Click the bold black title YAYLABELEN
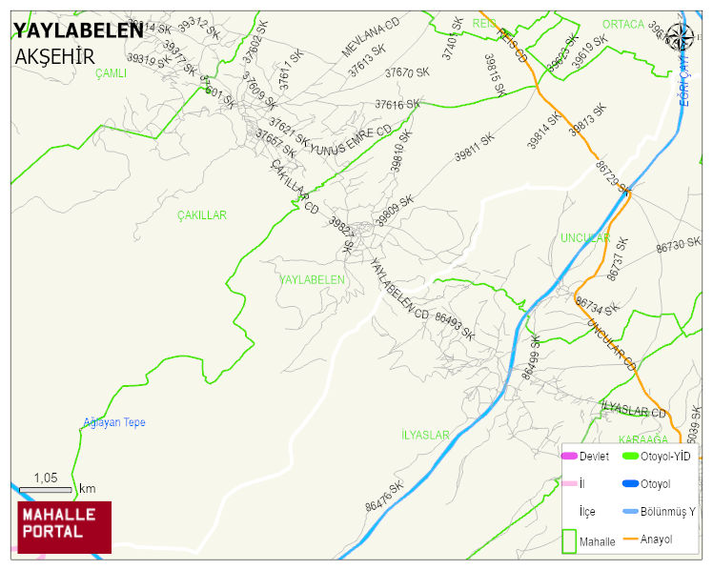78,31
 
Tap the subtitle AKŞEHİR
54,56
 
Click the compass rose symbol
681,37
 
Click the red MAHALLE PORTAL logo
64,527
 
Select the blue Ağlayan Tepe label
114,422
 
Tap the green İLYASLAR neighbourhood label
425,435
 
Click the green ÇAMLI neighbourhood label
112,72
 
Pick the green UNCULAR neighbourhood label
584,237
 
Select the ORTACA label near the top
624,24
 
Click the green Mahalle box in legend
569,540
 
